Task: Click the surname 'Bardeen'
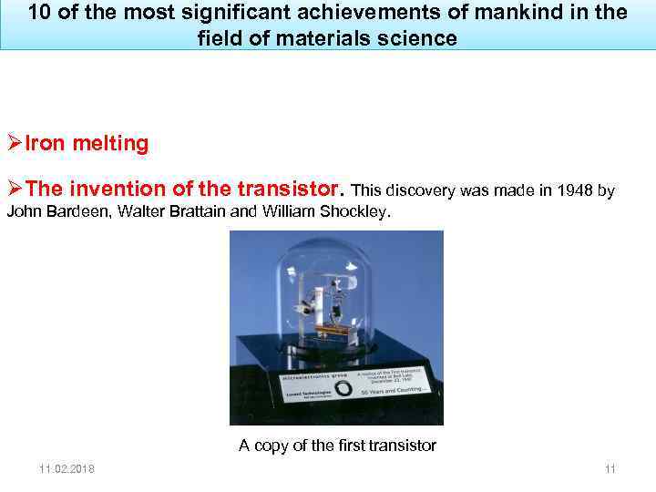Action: (75, 212)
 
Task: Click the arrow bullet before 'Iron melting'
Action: (14, 144)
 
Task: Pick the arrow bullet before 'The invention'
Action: (14, 190)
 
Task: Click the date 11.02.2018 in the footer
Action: (67, 469)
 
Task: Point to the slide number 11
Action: (610, 469)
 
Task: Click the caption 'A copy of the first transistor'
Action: (337, 446)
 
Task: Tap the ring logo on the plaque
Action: (343, 387)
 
